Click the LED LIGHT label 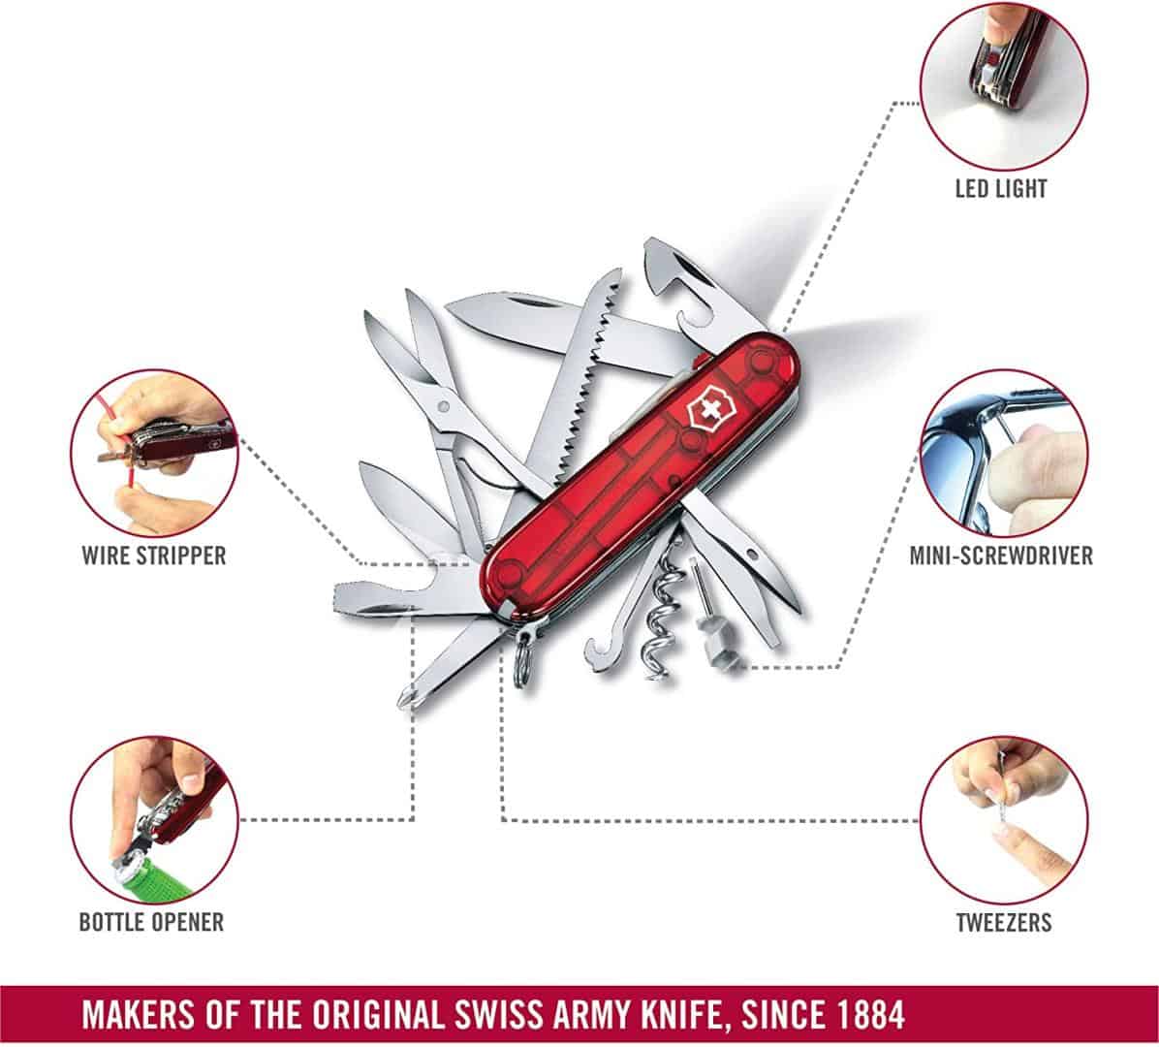click(x=1001, y=188)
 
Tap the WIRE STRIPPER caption click(x=153, y=555)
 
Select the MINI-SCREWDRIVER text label click(x=1001, y=555)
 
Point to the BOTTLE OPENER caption click(x=151, y=921)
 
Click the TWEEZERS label click(x=1003, y=921)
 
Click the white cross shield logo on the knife click(x=706, y=412)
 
